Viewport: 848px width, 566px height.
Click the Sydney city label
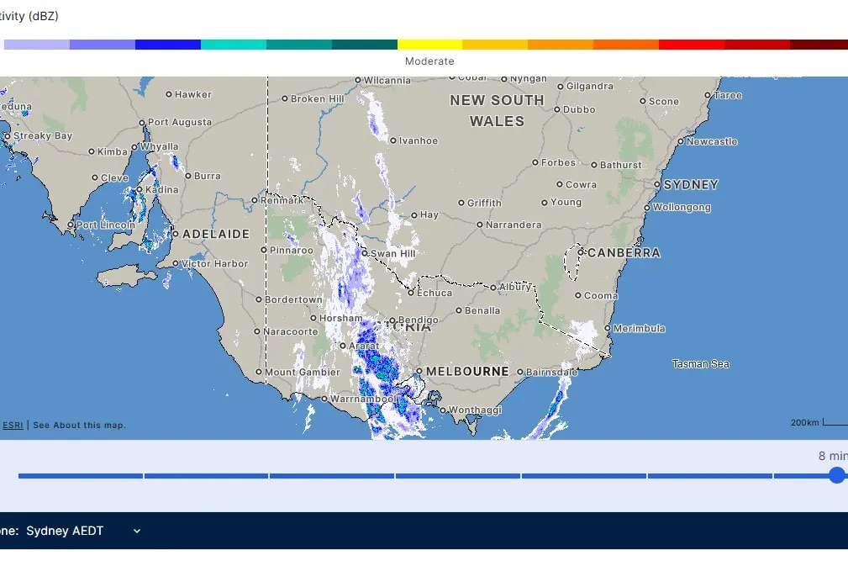pyautogui.click(x=691, y=185)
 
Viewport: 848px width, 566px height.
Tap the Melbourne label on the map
pyautogui.click(x=467, y=371)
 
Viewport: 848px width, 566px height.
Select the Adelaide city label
pyautogui.click(x=216, y=234)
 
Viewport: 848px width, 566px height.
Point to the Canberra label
pyautogui.click(x=624, y=252)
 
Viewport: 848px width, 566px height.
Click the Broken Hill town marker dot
pyautogui.click(x=285, y=99)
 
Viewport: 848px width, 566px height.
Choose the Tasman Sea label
pyautogui.click(x=700, y=364)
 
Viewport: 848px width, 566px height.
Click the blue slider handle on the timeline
pyautogui.click(x=836, y=475)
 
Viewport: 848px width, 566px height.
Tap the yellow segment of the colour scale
pyautogui.click(x=429, y=45)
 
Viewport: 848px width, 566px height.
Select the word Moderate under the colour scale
pyautogui.click(x=429, y=61)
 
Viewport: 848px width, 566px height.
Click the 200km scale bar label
pyautogui.click(x=804, y=422)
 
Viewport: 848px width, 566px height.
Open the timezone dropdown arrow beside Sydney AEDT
pyautogui.click(x=137, y=531)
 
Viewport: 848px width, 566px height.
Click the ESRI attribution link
pyautogui.click(x=13, y=426)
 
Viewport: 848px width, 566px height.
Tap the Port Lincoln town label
pyautogui.click(x=105, y=225)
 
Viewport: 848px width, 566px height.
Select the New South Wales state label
pyautogui.click(x=497, y=110)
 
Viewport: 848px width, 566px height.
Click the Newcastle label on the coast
pyautogui.click(x=712, y=141)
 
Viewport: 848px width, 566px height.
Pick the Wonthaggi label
pyautogui.click(x=476, y=410)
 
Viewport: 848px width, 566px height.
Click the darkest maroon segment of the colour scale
pyautogui.click(x=819, y=45)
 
